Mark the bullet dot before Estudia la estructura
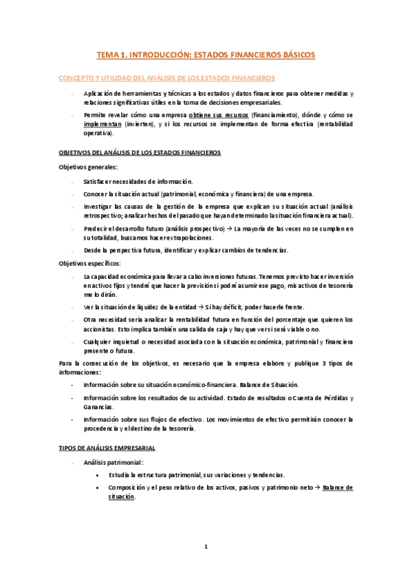100,475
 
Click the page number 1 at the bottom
206,547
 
